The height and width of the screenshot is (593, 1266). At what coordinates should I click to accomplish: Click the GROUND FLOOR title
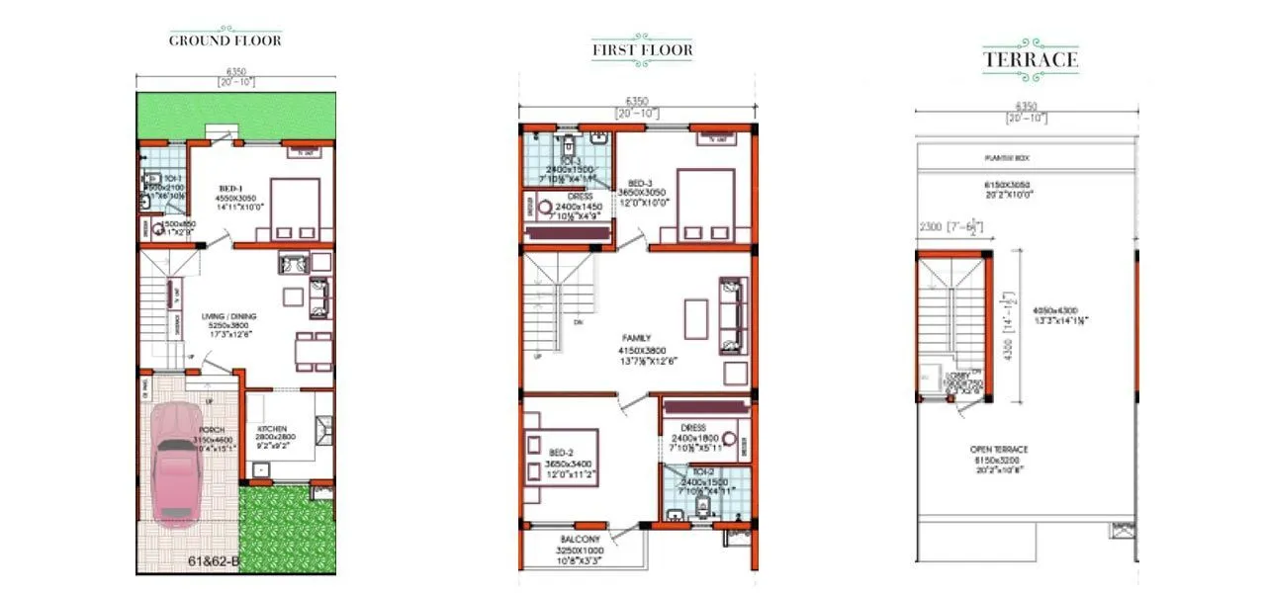pos(225,41)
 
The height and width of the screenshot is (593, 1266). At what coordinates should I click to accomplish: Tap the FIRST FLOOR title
pos(642,49)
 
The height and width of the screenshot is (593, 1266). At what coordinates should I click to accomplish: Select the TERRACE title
pos(1030,59)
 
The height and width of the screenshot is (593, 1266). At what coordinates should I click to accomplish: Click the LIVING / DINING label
pos(229,316)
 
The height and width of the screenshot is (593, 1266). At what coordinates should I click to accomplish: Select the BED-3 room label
pos(639,184)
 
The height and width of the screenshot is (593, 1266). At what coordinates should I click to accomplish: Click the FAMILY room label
pos(636,338)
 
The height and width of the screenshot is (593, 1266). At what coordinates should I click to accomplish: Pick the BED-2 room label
pos(560,452)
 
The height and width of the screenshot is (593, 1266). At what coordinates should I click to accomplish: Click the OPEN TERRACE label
pos(1026,450)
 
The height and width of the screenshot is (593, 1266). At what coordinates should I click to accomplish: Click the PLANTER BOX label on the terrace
pos(1025,156)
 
